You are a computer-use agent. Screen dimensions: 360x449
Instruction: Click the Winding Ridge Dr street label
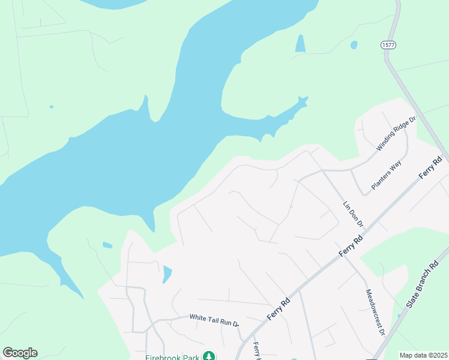coord(396,133)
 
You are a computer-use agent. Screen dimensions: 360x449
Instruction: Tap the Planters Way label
coord(385,176)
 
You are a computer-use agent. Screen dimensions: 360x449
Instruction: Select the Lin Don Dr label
coord(354,214)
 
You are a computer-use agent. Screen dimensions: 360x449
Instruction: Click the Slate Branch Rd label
coord(427,285)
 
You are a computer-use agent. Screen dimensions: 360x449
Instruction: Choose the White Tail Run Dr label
coord(214,319)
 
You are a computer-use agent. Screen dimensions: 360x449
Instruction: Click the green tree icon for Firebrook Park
coord(208,356)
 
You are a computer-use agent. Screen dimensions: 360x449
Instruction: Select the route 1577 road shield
coord(387,45)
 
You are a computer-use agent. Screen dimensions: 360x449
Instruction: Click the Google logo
coord(20,353)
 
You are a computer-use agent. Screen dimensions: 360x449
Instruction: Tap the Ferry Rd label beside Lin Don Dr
coord(351,246)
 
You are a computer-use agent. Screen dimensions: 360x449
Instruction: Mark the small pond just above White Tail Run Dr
coord(167,274)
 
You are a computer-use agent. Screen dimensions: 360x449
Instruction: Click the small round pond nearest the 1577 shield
coord(354,44)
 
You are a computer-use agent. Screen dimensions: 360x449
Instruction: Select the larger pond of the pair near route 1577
coord(300,43)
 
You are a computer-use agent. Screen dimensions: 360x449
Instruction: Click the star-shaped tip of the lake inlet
coord(303,101)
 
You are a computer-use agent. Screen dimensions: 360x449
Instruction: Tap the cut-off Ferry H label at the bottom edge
coord(258,351)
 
